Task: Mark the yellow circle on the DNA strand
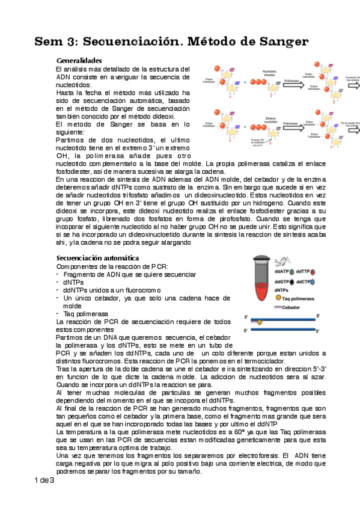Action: point(260,322)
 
